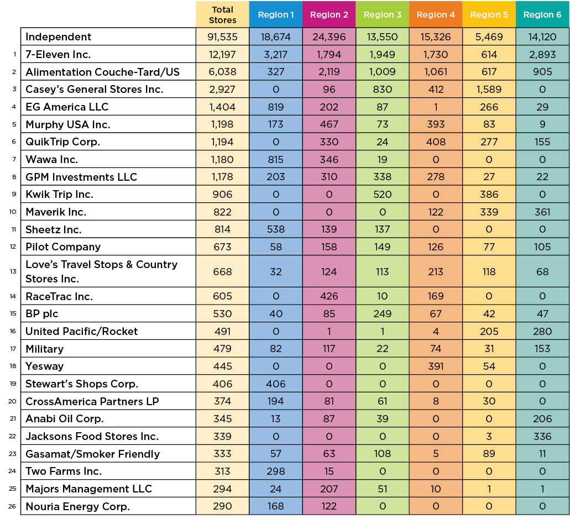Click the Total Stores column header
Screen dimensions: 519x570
click(222, 15)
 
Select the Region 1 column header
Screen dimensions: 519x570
click(276, 15)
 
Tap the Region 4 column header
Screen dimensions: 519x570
click(436, 15)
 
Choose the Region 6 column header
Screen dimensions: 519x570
click(542, 15)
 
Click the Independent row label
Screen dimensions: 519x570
click(59, 37)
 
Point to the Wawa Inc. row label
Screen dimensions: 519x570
click(52, 160)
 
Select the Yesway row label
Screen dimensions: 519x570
click(45, 366)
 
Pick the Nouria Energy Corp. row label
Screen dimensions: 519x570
click(78, 507)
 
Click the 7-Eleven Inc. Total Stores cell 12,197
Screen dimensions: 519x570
click(222, 55)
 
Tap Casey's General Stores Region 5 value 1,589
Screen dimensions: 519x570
click(489, 90)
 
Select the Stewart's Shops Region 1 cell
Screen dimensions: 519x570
click(276, 384)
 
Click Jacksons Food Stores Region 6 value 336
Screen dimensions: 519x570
click(542, 437)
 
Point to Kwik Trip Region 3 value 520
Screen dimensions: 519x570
click(383, 195)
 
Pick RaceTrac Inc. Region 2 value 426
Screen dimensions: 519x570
click(329, 296)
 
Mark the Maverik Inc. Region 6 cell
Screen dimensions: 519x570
click(542, 212)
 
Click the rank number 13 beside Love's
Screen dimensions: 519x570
click(13, 271)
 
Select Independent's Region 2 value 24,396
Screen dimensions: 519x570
click(329, 37)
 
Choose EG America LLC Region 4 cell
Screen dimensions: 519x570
click(436, 107)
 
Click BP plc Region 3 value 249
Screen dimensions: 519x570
click(383, 314)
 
